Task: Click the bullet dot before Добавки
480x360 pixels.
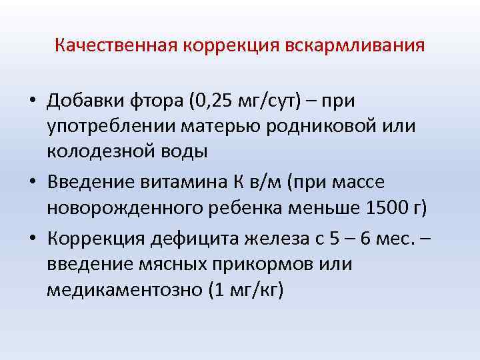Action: tap(32, 103)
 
